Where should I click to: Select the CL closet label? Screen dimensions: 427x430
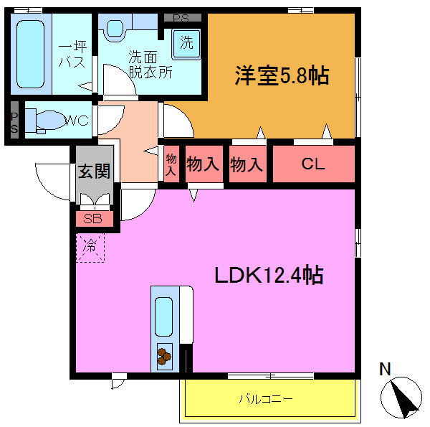click(x=312, y=164)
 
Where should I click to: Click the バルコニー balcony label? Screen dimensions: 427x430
click(x=266, y=398)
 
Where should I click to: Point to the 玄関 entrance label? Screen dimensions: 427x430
click(x=94, y=172)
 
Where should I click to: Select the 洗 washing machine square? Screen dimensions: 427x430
click(x=186, y=42)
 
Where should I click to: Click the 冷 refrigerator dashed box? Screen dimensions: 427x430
click(x=91, y=246)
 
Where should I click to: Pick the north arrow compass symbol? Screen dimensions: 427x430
click(x=402, y=397)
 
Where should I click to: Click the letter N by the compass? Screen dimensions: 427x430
click(x=385, y=370)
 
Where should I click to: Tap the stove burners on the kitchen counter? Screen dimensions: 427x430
click(x=165, y=355)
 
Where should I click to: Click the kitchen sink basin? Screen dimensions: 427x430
click(x=164, y=316)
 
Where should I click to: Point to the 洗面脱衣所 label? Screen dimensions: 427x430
click(x=149, y=63)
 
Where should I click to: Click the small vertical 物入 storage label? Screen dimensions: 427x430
click(x=171, y=164)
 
